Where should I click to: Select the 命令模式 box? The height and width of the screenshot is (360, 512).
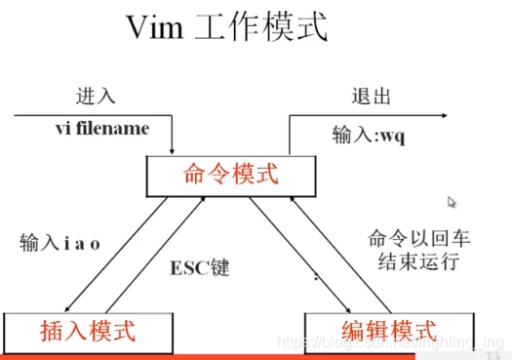tap(231, 175)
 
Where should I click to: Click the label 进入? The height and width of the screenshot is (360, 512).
tap(96, 98)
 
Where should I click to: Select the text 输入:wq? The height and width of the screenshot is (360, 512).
tap(367, 137)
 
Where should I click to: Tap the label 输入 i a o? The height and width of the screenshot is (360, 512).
tap(59, 240)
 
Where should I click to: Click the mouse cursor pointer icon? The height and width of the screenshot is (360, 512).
tap(452, 202)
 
